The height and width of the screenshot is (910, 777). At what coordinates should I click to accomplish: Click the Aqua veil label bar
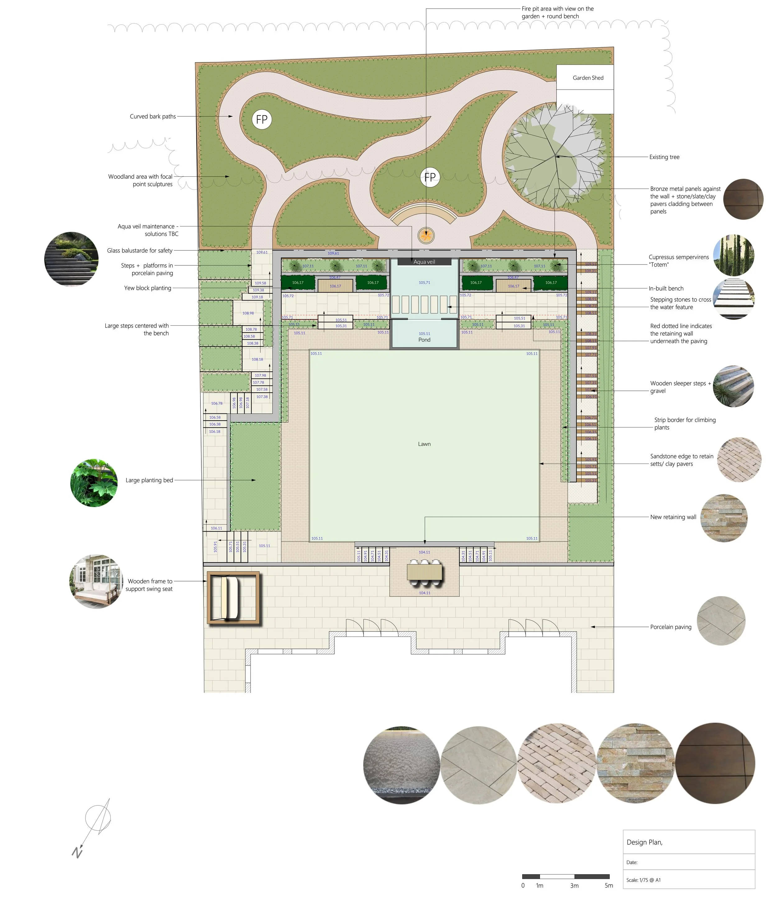pyautogui.click(x=424, y=262)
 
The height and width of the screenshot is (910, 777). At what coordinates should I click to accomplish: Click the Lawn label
pyautogui.click(x=424, y=444)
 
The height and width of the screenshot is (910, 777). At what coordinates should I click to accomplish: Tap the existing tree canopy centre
pyautogui.click(x=555, y=156)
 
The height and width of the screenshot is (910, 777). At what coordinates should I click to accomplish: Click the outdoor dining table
pyautogui.click(x=424, y=572)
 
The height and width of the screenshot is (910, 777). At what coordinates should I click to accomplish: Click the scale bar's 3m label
pyautogui.click(x=574, y=886)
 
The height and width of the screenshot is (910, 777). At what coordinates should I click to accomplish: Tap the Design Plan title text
pyautogui.click(x=644, y=842)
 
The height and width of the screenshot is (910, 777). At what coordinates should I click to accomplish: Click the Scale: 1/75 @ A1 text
pyautogui.click(x=643, y=880)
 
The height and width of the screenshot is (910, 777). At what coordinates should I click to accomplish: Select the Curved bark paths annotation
pyautogui.click(x=153, y=116)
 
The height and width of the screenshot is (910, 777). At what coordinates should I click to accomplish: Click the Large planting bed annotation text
pyautogui.click(x=149, y=480)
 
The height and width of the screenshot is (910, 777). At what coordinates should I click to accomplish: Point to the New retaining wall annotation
pyautogui.click(x=673, y=517)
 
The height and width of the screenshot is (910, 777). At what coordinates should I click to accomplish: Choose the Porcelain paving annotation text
pyautogui.click(x=670, y=627)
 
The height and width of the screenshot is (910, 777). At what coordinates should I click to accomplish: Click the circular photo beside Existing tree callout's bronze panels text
pyautogui.click(x=743, y=199)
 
